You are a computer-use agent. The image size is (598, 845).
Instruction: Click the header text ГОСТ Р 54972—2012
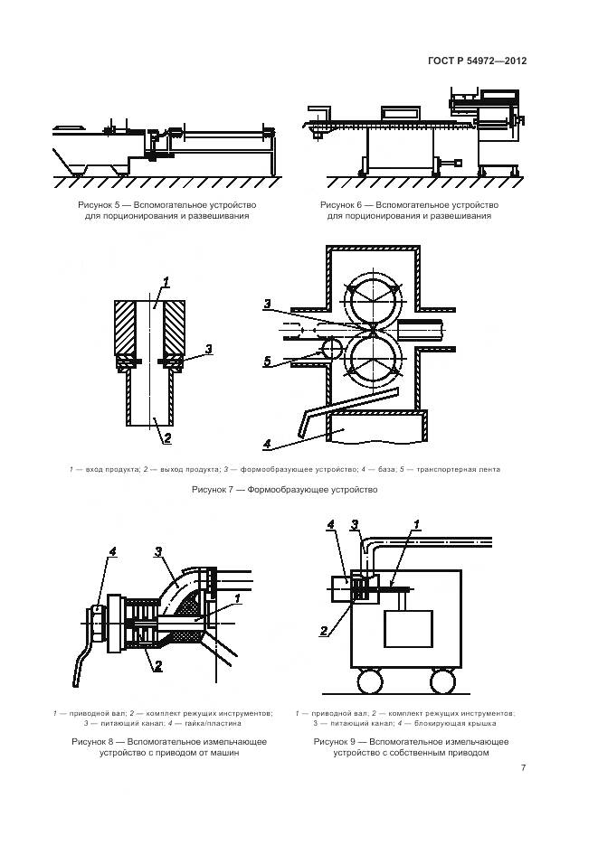(477, 61)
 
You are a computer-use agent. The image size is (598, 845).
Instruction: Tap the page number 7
(524, 768)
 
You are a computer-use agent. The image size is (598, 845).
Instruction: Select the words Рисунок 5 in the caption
(103, 205)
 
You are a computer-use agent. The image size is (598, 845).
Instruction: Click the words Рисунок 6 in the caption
(346, 205)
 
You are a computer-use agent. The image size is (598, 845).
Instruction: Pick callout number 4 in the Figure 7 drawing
(268, 443)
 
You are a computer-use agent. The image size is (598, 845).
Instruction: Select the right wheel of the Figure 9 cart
(442, 679)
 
